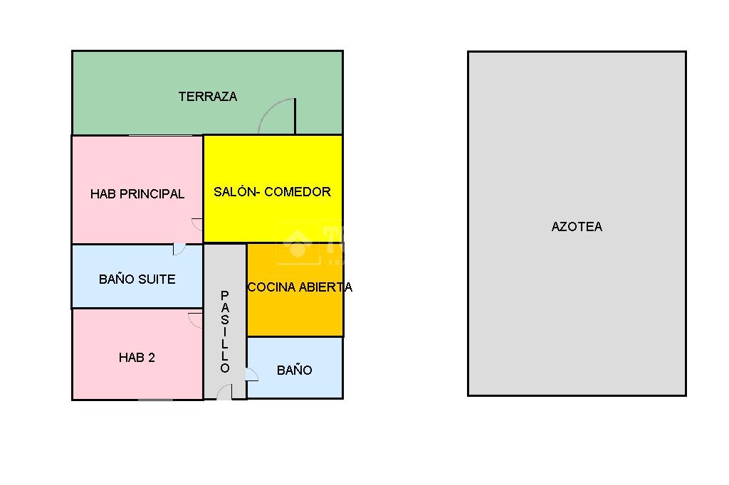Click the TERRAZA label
(207, 97)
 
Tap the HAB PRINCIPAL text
(137, 193)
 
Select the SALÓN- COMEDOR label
(272, 191)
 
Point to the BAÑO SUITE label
(137, 279)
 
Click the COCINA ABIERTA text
(300, 287)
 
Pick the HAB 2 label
(137, 358)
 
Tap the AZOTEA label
(577, 227)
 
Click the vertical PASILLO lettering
(225, 331)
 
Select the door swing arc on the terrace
(277, 116)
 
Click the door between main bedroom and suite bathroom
(179, 249)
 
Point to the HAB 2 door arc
(195, 319)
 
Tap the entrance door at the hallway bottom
(224, 392)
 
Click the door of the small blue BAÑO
(251, 374)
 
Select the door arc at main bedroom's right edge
(197, 224)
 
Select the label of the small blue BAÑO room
(294, 370)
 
